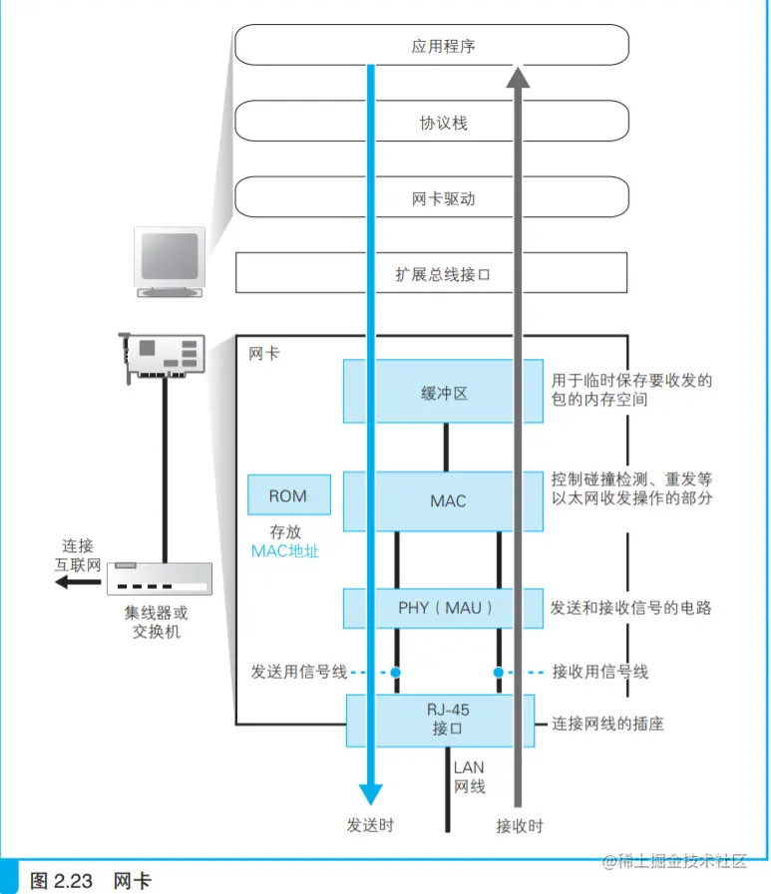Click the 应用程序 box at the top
(x=299, y=45)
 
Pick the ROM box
(x=287, y=496)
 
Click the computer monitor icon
(x=171, y=261)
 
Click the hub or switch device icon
(x=161, y=579)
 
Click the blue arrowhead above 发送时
(x=371, y=793)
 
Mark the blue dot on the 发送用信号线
(x=395, y=672)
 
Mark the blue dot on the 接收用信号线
(x=498, y=672)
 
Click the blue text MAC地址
(x=286, y=551)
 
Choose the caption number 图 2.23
(x=62, y=881)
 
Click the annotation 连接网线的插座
(x=607, y=725)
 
